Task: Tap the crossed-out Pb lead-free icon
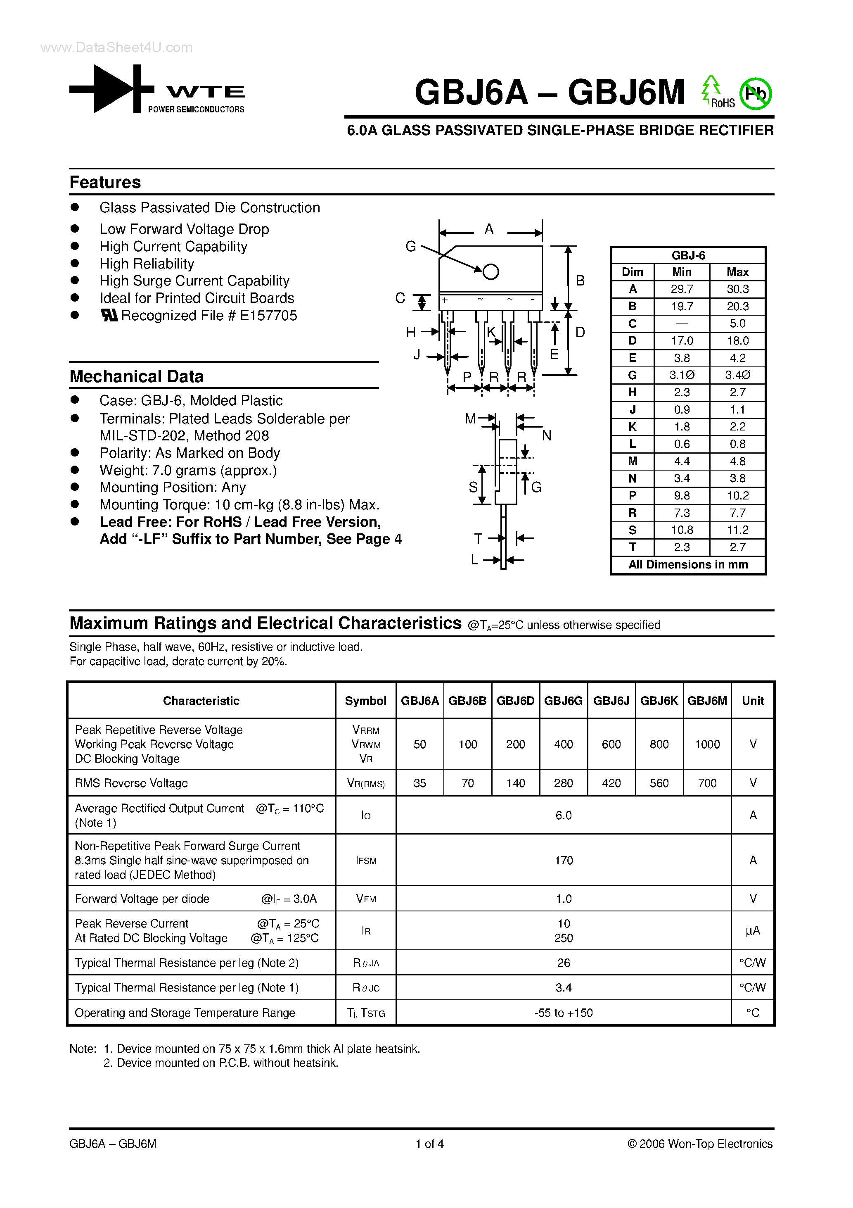[x=755, y=94]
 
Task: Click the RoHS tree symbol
[x=711, y=88]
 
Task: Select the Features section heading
[x=105, y=183]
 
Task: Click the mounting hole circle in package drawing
[x=490, y=271]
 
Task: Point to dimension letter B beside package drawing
[x=580, y=281]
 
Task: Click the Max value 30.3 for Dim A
[x=737, y=289]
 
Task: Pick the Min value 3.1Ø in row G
[x=682, y=375]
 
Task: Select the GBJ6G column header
[x=563, y=701]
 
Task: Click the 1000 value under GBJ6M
[x=707, y=744]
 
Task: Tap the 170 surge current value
[x=563, y=860]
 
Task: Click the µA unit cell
[x=753, y=931]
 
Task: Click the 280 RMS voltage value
[x=563, y=783]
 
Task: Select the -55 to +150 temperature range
[x=563, y=1013]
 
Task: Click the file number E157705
[x=268, y=316]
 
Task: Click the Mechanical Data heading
[x=136, y=377]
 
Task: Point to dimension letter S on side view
[x=473, y=487]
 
